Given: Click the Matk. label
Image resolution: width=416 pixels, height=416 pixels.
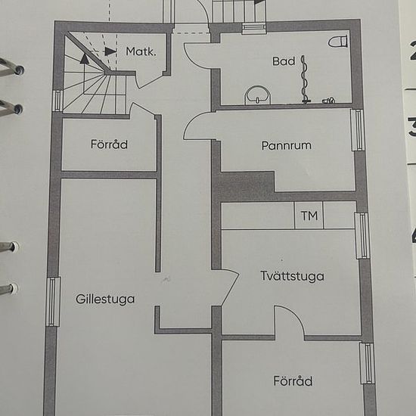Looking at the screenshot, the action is click(x=141, y=51).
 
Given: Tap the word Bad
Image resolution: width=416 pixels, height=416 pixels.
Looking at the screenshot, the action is click(x=284, y=61).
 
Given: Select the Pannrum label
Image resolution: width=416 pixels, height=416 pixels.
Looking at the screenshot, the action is click(x=286, y=146).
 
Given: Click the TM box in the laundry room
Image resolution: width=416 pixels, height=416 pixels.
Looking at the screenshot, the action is click(x=309, y=216).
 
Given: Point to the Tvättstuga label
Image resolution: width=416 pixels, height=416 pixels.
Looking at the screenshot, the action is click(x=292, y=276).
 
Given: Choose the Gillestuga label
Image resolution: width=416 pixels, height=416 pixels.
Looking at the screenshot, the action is click(x=105, y=300).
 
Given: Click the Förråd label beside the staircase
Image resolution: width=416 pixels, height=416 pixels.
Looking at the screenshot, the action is click(x=109, y=144).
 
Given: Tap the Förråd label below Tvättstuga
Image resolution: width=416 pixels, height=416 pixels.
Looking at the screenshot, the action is click(x=293, y=381).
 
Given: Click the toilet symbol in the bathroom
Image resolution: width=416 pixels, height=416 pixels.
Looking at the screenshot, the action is click(x=338, y=42).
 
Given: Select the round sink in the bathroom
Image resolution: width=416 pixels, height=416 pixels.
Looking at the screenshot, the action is click(x=258, y=95).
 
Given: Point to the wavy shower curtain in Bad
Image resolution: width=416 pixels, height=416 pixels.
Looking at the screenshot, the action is click(x=305, y=79).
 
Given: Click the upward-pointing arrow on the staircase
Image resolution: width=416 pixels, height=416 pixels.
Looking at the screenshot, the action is click(x=85, y=72).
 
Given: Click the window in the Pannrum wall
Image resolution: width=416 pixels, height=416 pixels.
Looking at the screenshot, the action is click(x=357, y=130).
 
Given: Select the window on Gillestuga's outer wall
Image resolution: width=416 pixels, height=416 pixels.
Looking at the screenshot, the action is click(x=53, y=302).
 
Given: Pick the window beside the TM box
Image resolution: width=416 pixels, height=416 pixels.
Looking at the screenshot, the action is click(x=362, y=235).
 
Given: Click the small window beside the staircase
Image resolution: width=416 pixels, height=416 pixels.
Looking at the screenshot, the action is click(x=58, y=101).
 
